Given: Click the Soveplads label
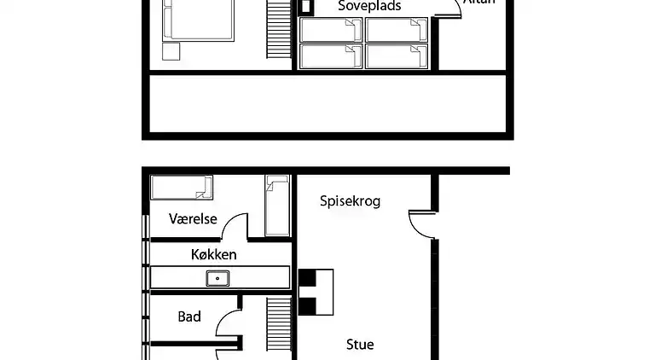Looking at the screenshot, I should (x=369, y=6).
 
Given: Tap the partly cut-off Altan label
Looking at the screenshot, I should (x=478, y=3).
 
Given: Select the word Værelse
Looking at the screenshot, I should (x=193, y=219).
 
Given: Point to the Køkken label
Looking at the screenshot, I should (x=213, y=254).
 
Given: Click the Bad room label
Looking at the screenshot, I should (x=189, y=316).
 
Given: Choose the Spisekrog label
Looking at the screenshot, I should (x=350, y=201).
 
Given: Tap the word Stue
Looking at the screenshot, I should (x=359, y=345).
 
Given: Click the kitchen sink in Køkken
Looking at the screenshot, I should (x=217, y=277).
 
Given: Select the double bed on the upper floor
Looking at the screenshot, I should (x=199, y=20).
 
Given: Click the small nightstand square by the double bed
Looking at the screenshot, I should (x=171, y=51).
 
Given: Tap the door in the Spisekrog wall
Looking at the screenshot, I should (x=422, y=224).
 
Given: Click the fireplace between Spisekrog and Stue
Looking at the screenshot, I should (x=316, y=291).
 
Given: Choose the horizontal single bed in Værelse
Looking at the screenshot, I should (x=180, y=187).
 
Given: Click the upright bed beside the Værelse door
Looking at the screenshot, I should (x=277, y=205).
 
